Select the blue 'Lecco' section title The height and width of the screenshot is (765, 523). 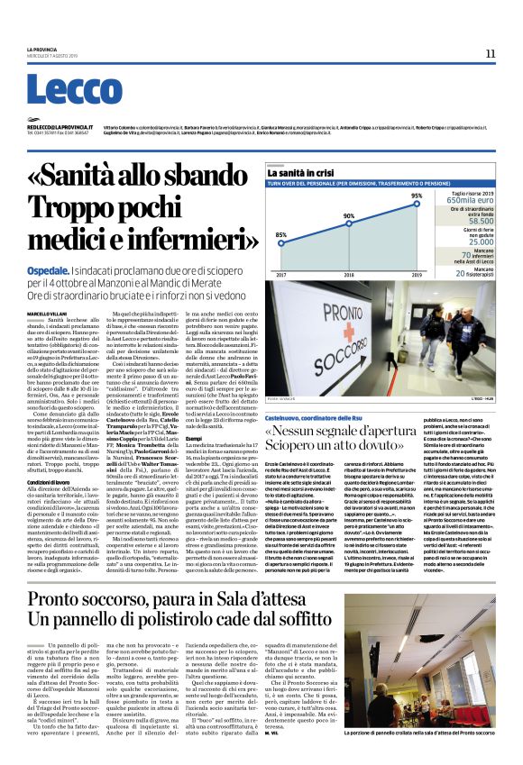[x=67, y=90]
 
